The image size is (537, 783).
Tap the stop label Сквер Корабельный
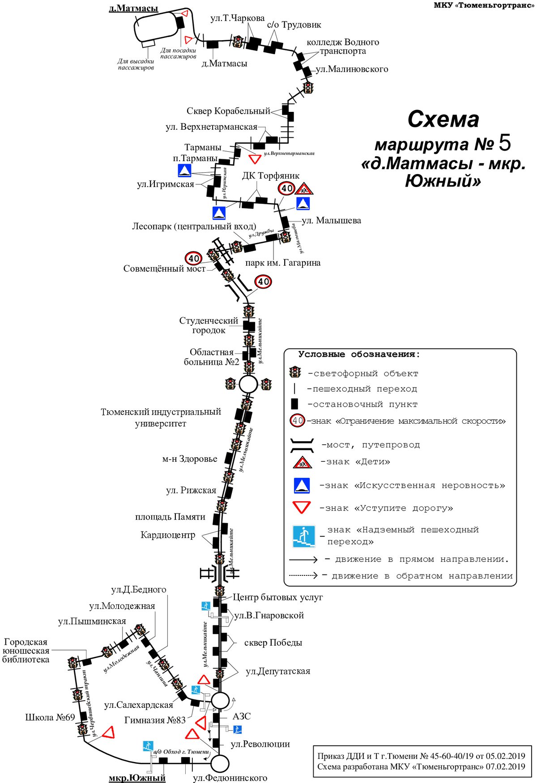tap(228, 111)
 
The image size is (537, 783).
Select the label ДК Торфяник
tap(271, 176)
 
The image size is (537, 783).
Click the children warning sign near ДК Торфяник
tap(304, 189)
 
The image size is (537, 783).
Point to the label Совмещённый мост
tap(164, 268)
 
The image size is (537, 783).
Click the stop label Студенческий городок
tap(209, 325)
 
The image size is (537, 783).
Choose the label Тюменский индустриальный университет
tap(161, 417)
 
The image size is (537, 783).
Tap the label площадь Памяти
tap(170, 517)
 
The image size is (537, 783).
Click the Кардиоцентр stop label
tap(168, 535)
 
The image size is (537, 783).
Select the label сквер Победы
tap(273, 643)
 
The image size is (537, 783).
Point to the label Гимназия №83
tap(155, 720)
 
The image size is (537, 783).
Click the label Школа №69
tap(50, 717)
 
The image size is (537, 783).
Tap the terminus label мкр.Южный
tap(137, 778)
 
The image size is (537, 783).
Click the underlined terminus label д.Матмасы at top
tap(133, 8)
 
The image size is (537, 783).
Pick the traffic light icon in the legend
tap(295, 372)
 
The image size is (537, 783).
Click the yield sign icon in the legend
tap(301, 507)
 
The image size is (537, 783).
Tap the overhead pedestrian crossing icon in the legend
tap(304, 536)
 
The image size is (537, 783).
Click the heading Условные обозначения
tap(359, 354)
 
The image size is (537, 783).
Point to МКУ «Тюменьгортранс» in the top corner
tap(484, 5)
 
